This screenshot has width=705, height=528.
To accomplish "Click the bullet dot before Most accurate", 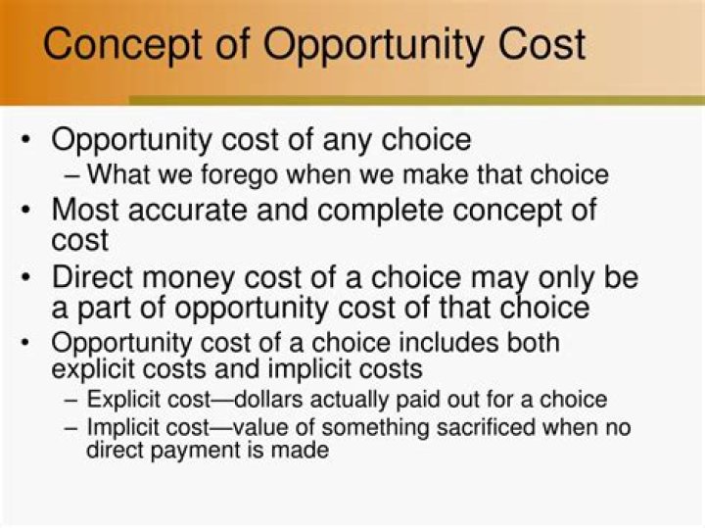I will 26,211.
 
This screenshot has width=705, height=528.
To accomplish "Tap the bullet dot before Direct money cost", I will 26,278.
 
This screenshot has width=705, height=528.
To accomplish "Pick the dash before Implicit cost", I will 74,428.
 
